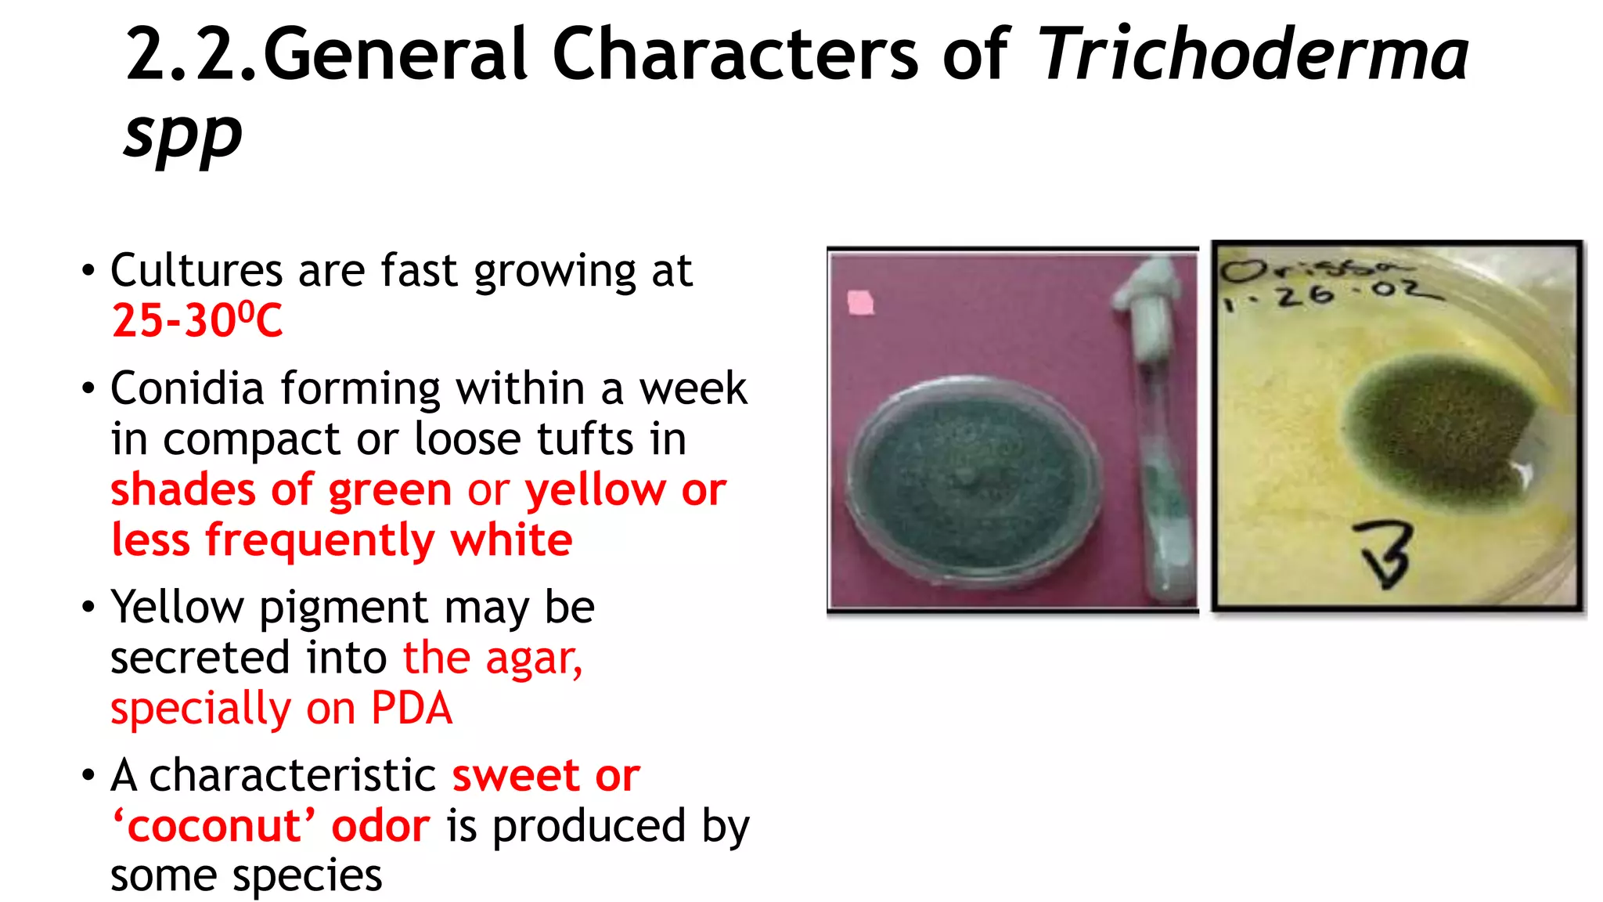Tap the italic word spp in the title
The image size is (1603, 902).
coord(183,133)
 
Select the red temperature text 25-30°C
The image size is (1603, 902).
coord(197,320)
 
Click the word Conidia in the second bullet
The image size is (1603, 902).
coord(187,388)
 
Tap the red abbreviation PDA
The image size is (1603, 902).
coord(412,709)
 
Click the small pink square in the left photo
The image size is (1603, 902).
coord(860,302)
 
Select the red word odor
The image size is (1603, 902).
coord(380,827)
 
